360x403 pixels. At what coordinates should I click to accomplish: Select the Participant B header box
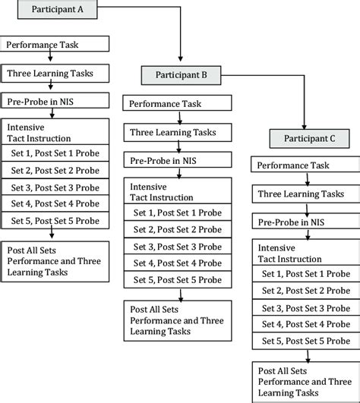[179, 75]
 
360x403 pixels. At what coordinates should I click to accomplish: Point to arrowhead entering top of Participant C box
[305, 125]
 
